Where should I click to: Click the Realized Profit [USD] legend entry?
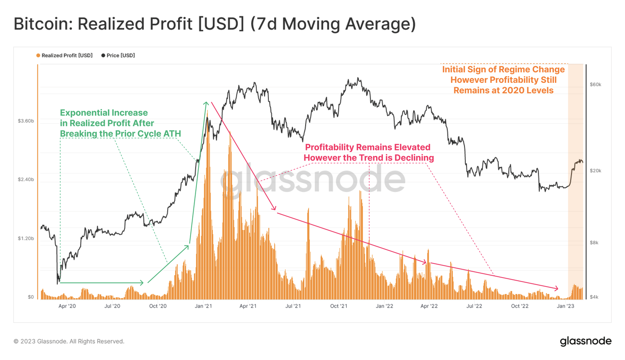pyautogui.click(x=64, y=56)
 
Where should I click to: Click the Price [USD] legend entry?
pyautogui.click(x=118, y=56)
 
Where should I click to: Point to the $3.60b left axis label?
pyautogui.click(x=26, y=121)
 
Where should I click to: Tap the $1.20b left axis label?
pyautogui.click(x=26, y=238)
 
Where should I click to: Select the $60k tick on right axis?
pyautogui.click(x=595, y=84)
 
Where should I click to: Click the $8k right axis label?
pyautogui.click(x=594, y=243)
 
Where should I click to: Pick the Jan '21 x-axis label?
pyautogui.click(x=203, y=306)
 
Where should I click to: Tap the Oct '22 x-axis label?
pyautogui.click(x=520, y=306)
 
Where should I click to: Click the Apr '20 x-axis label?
pyautogui.click(x=67, y=306)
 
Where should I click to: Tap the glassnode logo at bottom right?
pyautogui.click(x=585, y=341)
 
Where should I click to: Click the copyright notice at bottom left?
pyautogui.click(x=69, y=341)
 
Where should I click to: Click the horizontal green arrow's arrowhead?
pyautogui.click(x=142, y=283)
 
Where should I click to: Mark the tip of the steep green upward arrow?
pyautogui.click(x=206, y=103)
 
